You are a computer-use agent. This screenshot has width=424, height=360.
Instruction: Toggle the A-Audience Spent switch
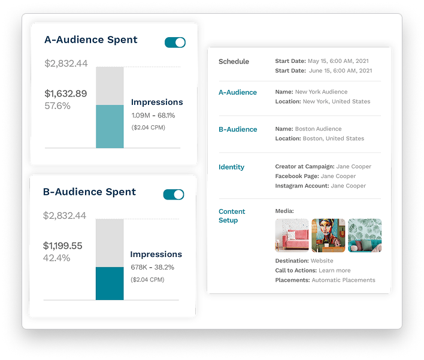click(175, 43)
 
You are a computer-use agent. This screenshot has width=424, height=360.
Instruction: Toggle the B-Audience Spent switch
click(174, 195)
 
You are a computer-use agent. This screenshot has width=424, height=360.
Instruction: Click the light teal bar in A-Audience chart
click(110, 126)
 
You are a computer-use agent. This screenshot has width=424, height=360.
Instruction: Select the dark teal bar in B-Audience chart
click(110, 283)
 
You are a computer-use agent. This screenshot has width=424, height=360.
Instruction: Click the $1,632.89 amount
click(66, 93)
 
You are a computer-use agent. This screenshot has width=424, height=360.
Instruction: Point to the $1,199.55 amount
click(63, 246)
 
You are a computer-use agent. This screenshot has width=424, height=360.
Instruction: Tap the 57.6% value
click(57, 106)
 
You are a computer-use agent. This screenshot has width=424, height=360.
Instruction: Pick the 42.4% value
click(57, 258)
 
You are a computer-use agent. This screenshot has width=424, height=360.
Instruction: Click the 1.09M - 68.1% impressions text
click(153, 115)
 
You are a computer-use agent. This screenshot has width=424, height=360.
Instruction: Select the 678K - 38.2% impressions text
click(153, 267)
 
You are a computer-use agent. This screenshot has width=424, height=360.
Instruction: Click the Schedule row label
click(234, 62)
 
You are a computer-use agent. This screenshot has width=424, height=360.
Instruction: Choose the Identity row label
click(231, 167)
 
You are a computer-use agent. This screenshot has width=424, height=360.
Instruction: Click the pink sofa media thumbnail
click(292, 235)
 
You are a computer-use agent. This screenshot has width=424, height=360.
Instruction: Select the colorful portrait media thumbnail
click(328, 235)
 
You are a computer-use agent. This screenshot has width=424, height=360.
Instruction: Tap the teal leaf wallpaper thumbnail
click(365, 235)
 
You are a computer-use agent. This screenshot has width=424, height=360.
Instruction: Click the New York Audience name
click(321, 92)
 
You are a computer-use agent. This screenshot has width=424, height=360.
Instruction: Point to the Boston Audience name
click(318, 129)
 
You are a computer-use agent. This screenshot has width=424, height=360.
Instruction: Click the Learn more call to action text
click(335, 271)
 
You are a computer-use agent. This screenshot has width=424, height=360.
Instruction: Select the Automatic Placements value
click(343, 280)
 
